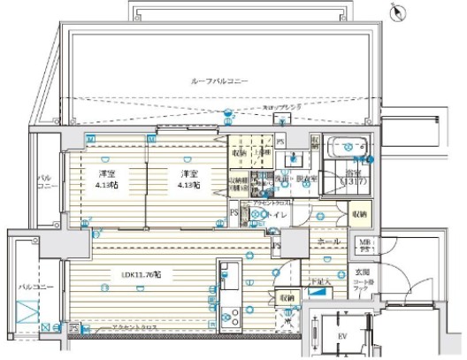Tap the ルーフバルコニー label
219,80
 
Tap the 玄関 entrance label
364,272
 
